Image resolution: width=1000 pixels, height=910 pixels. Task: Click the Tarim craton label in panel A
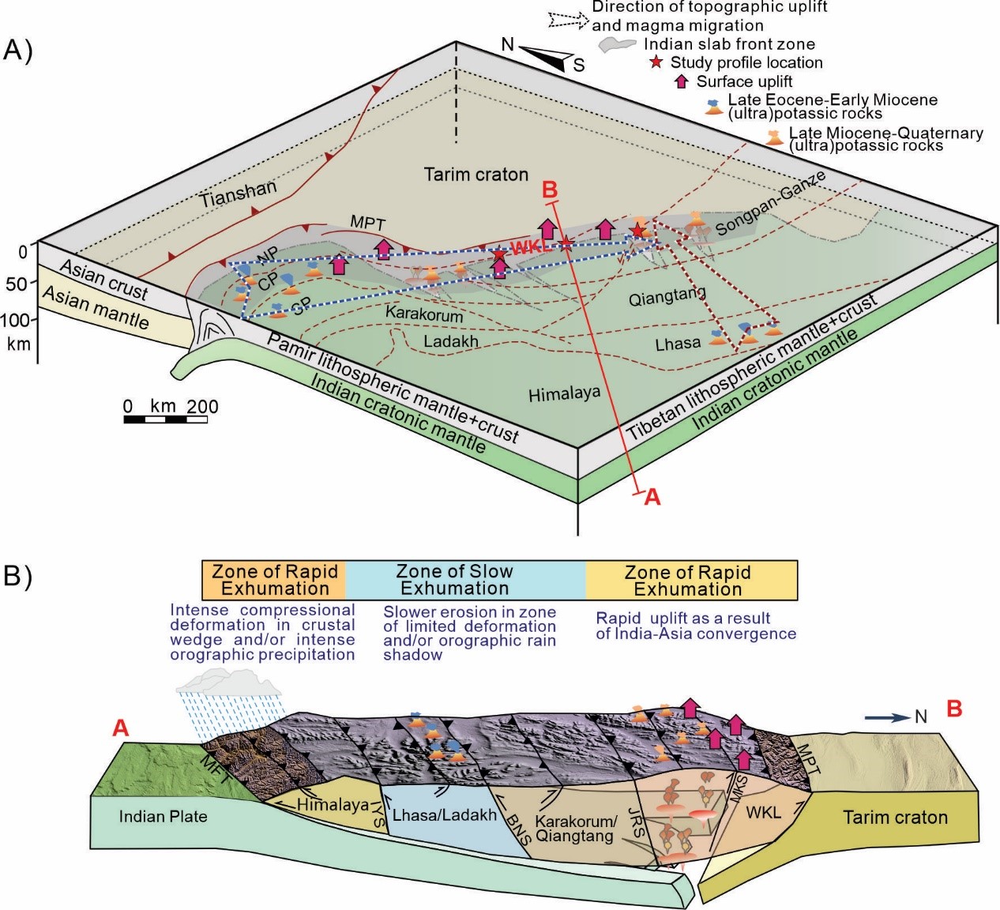point(476,175)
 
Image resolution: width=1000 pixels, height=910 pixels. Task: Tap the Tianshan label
point(238,194)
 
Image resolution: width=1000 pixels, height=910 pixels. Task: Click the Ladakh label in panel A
point(451,342)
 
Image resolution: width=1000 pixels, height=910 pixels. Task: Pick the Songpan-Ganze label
point(771,203)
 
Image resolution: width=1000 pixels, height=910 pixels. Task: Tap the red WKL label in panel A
point(529,247)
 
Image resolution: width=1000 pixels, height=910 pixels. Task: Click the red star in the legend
point(655,62)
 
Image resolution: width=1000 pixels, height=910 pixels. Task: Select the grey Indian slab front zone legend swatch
point(616,45)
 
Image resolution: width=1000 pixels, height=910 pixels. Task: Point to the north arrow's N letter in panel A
point(508,45)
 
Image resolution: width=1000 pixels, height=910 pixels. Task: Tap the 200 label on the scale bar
point(202,407)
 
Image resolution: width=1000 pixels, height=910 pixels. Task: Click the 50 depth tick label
point(17,284)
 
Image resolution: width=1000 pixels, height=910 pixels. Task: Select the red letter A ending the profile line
point(652,497)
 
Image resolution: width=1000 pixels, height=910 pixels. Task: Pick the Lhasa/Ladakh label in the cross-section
point(444,815)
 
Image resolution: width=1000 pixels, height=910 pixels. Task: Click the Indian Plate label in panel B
point(163,816)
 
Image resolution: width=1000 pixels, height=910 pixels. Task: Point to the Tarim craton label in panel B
point(895,818)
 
